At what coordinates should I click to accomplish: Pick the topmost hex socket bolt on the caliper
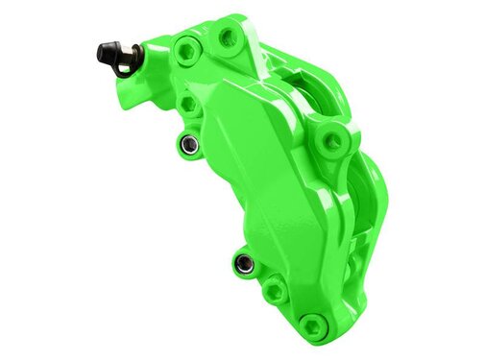pyautogui.click(x=229, y=37)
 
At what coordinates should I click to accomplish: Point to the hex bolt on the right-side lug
pyautogui.click(x=332, y=141)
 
